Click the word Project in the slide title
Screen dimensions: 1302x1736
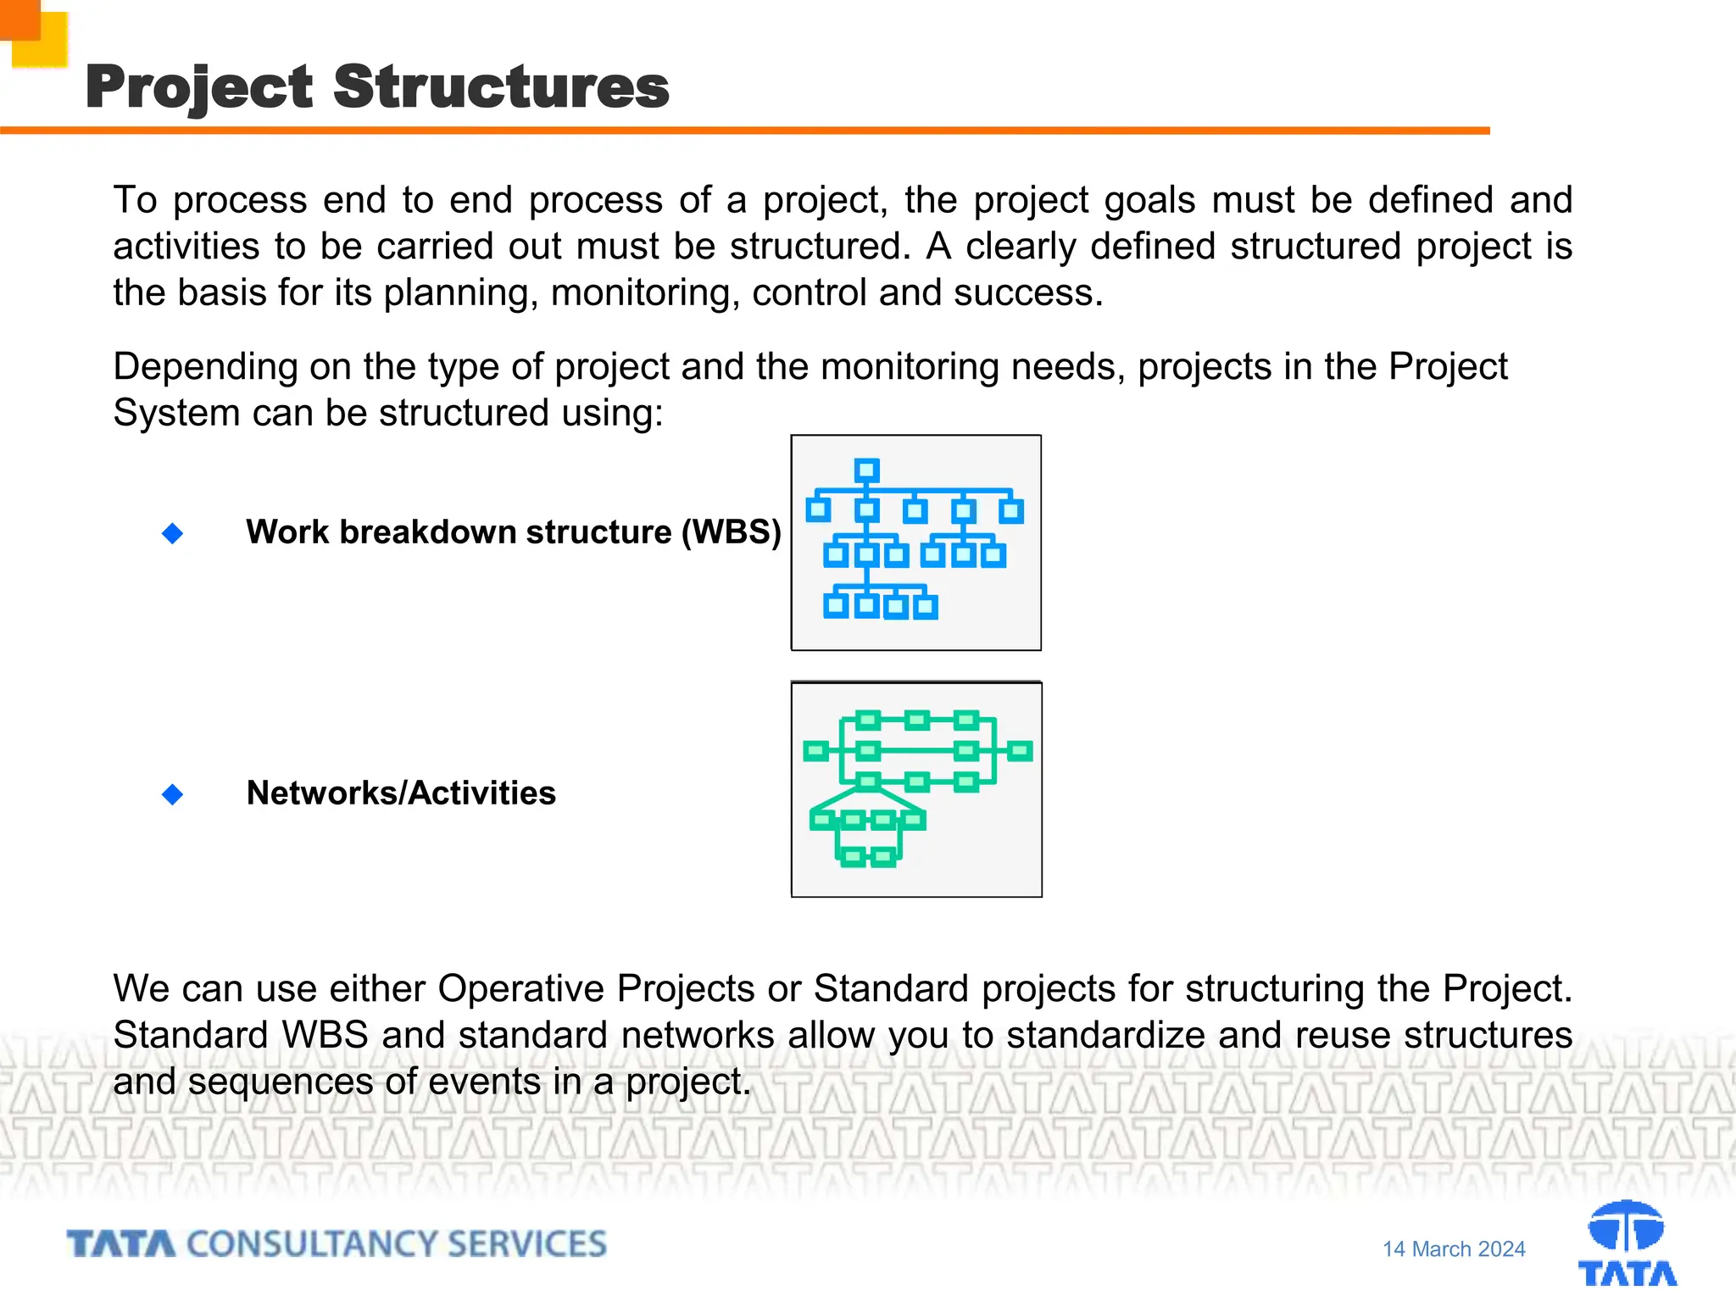click(x=200, y=88)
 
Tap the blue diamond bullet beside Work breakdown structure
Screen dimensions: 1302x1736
click(x=173, y=533)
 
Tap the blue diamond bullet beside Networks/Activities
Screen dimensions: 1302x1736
click(x=173, y=794)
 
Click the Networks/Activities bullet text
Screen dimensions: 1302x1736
click(x=401, y=793)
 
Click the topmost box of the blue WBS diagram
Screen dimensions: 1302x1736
click(x=866, y=470)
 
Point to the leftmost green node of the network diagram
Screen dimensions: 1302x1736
click(x=815, y=751)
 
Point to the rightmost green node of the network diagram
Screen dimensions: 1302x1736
click(x=1021, y=751)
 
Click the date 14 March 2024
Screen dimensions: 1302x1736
click(x=1454, y=1249)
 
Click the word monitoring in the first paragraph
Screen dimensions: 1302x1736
click(x=644, y=293)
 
